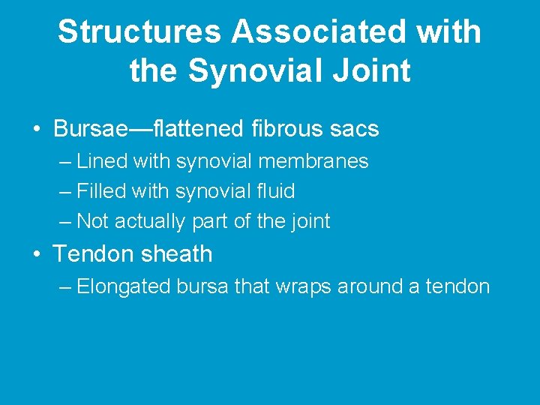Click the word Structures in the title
[139, 32]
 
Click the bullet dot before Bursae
[37, 129]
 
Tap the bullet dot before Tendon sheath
[37, 253]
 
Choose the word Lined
[100, 161]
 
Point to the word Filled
[102, 191]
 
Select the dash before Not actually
[65, 222]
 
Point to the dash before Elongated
[65, 287]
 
